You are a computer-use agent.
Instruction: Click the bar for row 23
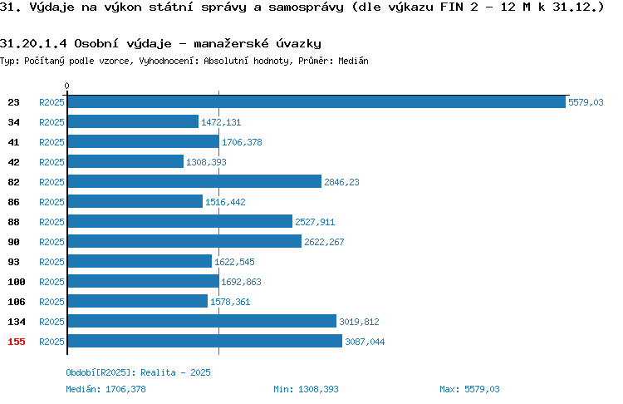(316, 101)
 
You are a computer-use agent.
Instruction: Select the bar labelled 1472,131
(133, 121)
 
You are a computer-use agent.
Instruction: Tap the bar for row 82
(194, 181)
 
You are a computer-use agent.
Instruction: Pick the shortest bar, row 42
(125, 161)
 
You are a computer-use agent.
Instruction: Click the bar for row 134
(202, 321)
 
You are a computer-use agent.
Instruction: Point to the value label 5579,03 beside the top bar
(586, 102)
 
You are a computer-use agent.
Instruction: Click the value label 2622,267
(324, 242)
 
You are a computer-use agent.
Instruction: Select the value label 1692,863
(241, 282)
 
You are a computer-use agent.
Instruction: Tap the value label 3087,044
(365, 342)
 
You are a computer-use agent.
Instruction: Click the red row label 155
(17, 342)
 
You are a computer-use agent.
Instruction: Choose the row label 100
(17, 282)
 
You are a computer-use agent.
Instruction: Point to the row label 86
(13, 202)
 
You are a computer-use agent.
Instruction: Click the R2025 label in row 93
(52, 262)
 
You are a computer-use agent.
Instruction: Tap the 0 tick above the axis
(66, 86)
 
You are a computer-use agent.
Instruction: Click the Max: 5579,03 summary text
(469, 389)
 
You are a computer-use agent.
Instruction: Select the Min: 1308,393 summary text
(306, 389)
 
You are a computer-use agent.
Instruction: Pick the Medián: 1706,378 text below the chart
(105, 389)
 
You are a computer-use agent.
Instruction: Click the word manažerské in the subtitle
(231, 43)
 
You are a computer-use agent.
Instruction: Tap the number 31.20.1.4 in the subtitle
(33, 43)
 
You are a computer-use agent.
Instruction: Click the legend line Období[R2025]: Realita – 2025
(138, 372)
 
